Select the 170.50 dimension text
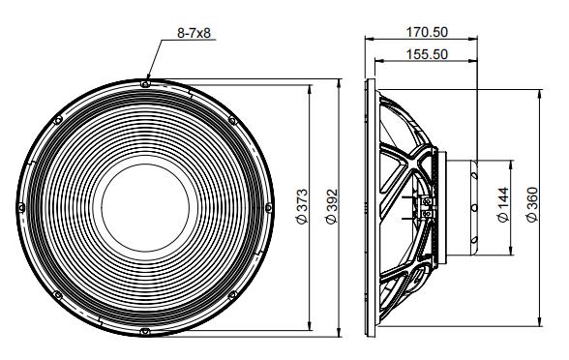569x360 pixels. coord(426,32)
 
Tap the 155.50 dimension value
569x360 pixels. coord(426,54)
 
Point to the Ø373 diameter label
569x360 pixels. coord(302,207)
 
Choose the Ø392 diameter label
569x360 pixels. coord(331,207)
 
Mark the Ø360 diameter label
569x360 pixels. coord(531,205)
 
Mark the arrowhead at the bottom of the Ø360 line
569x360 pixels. coord(537,321)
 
